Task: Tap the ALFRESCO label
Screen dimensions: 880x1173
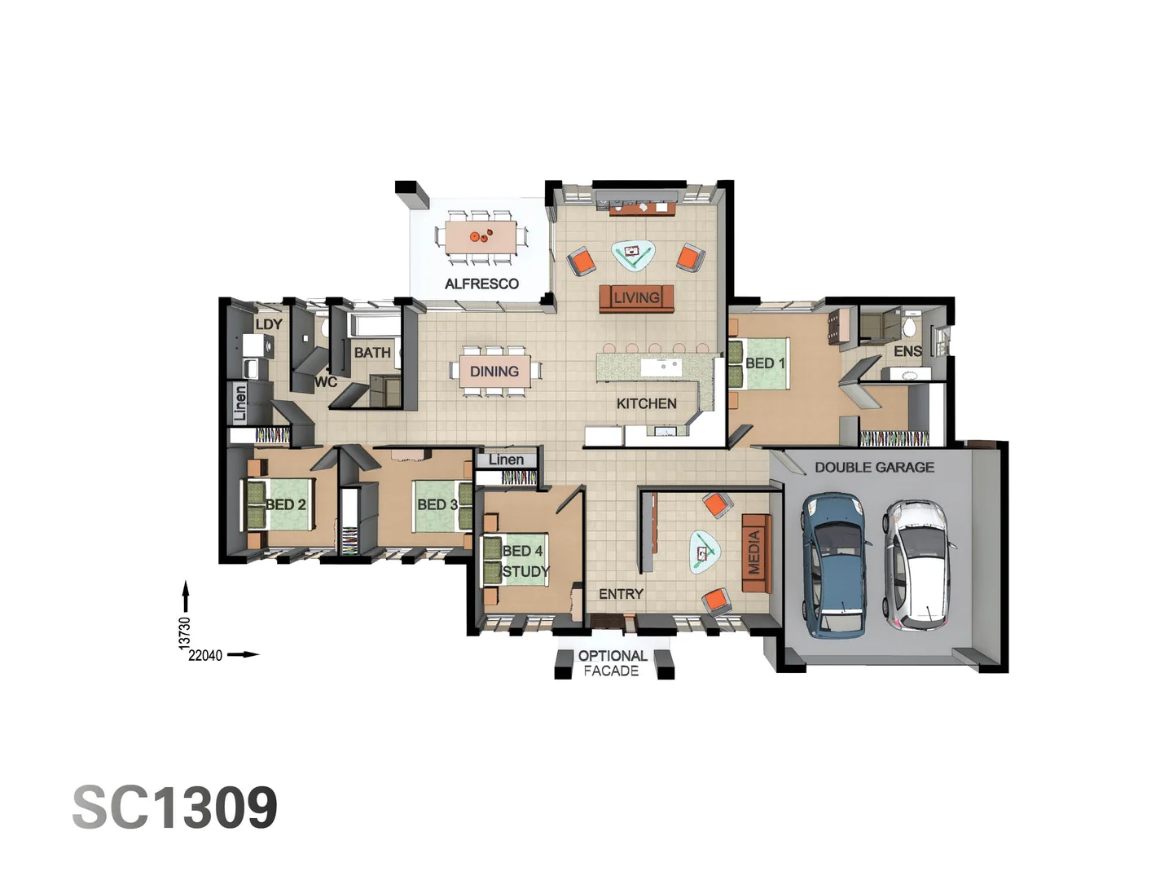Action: point(481,284)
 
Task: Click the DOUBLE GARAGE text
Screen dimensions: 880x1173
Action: point(874,467)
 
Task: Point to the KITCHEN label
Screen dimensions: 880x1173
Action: point(646,403)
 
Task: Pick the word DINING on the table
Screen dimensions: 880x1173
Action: point(494,372)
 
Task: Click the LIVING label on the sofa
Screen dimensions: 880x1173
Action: point(636,297)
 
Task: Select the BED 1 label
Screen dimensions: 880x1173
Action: point(765,363)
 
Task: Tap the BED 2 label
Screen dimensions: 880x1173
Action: point(286,504)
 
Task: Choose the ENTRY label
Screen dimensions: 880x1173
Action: point(621,594)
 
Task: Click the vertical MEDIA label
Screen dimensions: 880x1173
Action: point(754,552)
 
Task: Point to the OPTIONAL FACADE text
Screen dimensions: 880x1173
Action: point(613,663)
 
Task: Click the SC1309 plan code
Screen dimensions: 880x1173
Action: point(175,807)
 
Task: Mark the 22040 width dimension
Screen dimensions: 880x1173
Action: point(205,655)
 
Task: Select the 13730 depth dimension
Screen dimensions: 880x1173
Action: point(185,633)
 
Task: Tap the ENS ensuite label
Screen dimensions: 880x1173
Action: point(907,351)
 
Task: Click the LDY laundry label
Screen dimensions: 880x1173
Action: point(269,323)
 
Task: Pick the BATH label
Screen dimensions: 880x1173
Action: point(372,353)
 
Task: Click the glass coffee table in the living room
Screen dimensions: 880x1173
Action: point(633,256)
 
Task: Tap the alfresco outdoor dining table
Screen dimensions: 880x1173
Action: point(481,236)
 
